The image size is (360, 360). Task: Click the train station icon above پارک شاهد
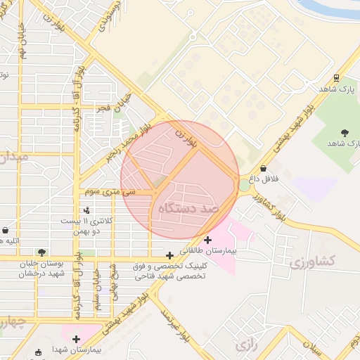click(337, 78)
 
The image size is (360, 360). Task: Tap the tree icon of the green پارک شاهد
click(345, 132)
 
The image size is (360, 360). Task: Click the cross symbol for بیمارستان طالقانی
click(207, 240)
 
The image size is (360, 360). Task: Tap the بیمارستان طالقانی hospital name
click(209, 250)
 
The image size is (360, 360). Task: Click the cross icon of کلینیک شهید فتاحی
click(169, 255)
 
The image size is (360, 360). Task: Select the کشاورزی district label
click(313, 262)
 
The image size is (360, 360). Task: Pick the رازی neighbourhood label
click(244, 345)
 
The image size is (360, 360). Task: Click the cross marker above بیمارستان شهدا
click(76, 339)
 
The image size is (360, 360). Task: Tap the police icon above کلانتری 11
click(86, 210)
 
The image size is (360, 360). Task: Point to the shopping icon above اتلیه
click(6, 230)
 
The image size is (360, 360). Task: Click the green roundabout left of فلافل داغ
click(243, 185)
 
